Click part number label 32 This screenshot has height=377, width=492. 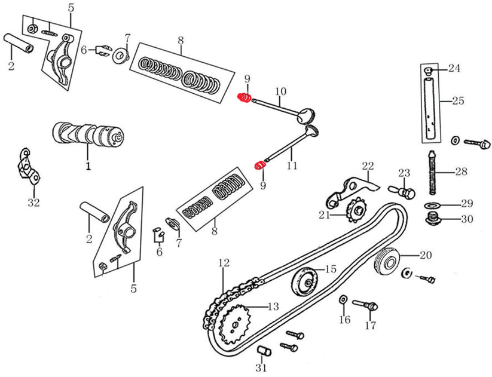33,203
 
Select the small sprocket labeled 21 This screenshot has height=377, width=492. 357,210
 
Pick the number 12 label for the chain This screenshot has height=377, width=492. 224,262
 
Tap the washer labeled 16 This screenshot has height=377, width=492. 344,298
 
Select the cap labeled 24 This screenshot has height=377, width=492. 428,71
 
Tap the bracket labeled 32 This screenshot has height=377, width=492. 27,167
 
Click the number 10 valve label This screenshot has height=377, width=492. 280,91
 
